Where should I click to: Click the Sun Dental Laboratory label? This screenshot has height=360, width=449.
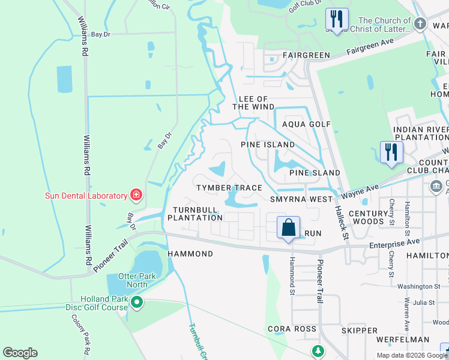coord(86,196)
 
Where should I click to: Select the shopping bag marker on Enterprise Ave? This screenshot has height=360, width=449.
coord(288,228)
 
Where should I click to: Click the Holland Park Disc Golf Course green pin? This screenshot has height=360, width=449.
coord(137,303)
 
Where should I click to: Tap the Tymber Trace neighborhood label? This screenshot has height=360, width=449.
coord(230,188)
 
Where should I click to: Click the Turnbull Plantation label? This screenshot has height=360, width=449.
coord(194,213)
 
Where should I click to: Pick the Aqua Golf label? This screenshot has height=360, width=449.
coord(307,124)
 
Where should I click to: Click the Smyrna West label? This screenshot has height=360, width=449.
coord(301,199)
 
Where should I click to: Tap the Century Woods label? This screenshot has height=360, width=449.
coord(369,217)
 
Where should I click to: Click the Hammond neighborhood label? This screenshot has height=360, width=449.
coord(190,254)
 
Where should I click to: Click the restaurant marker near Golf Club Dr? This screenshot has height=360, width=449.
coord(337,19)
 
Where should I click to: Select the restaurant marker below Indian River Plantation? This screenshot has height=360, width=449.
coord(391,152)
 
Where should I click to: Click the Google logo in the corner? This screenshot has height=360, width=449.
coord(20,353)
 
